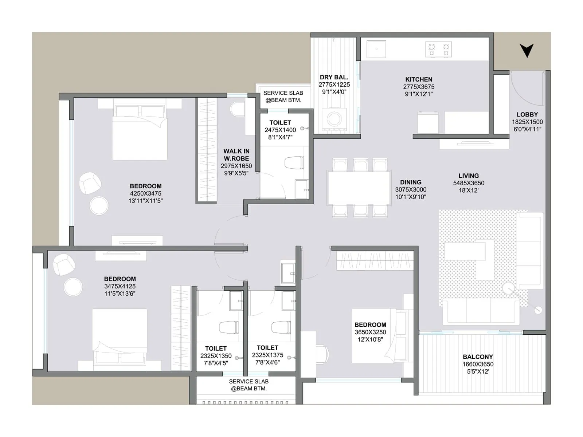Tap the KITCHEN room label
click(419, 79)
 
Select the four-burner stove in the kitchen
click(438, 50)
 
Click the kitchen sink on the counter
click(376, 49)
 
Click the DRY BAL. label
click(334, 77)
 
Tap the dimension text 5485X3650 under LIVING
click(469, 183)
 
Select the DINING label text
click(411, 182)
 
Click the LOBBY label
click(527, 114)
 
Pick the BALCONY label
click(478, 357)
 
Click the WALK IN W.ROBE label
click(236, 155)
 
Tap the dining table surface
click(359, 188)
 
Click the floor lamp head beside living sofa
click(538, 310)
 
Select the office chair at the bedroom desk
click(322, 353)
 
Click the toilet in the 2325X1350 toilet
click(228, 327)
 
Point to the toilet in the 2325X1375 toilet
click(281, 327)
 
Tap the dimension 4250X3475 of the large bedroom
click(145, 194)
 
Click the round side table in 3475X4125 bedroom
click(73, 287)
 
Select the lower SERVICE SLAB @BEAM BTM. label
click(249, 385)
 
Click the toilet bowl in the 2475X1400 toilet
click(294, 163)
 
